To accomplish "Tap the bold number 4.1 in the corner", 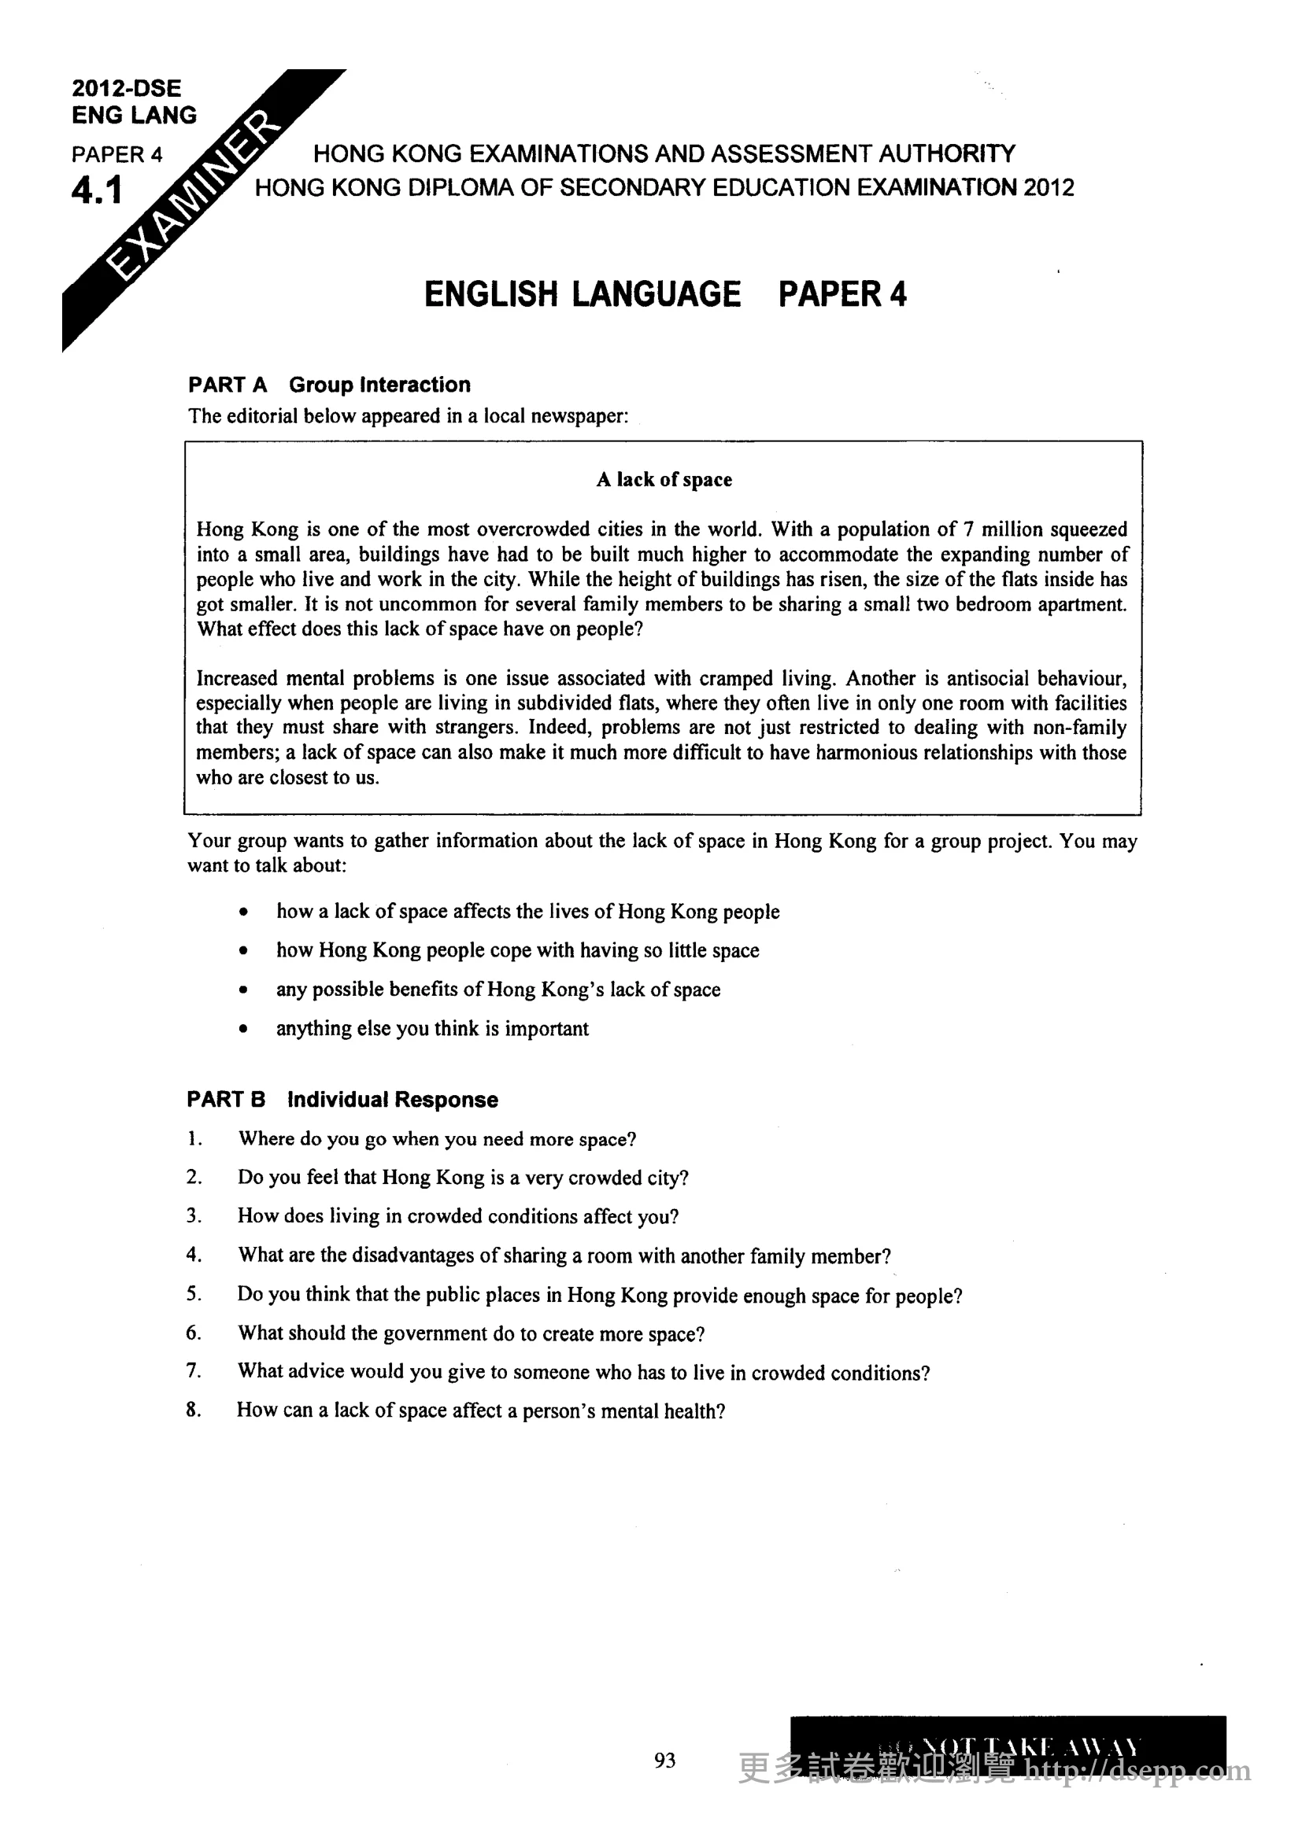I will [x=97, y=190].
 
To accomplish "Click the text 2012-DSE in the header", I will [x=127, y=88].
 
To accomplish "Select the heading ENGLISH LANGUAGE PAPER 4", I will [x=664, y=294].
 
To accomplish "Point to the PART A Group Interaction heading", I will [x=330, y=385].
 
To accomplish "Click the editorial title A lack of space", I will [x=664, y=479].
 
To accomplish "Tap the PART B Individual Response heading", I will [x=342, y=1100].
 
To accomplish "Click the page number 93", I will [x=664, y=1761].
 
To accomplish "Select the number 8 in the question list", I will [x=192, y=1410].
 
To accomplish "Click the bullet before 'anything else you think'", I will [x=243, y=1030].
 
